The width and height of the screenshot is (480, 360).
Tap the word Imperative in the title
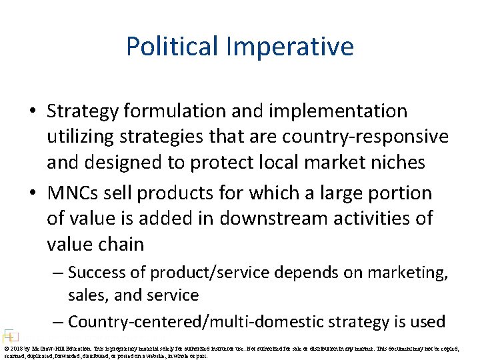point(290,47)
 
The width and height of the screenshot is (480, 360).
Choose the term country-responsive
point(366,136)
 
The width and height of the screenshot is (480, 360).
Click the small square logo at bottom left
point(9,335)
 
